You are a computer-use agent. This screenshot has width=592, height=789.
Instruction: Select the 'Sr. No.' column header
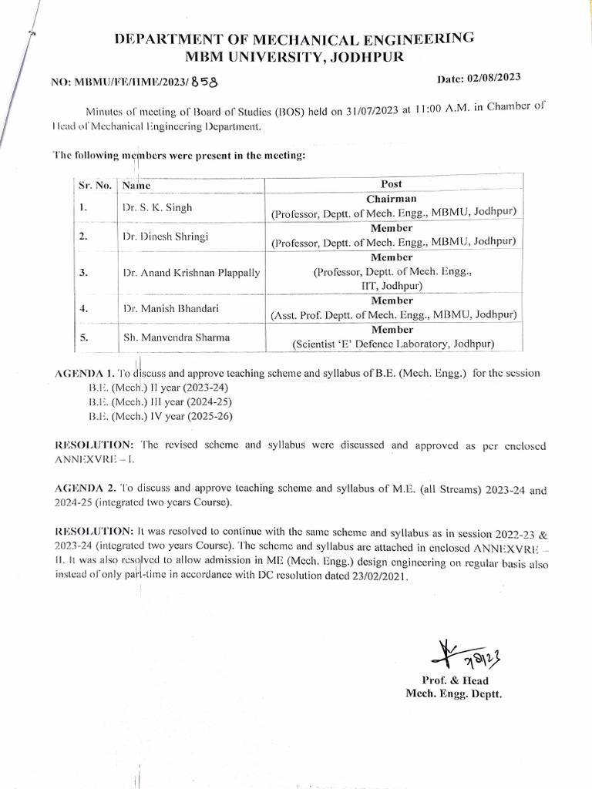(x=96, y=186)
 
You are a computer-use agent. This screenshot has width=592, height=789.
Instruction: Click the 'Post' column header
(x=392, y=184)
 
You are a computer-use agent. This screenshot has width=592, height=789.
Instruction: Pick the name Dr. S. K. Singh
(x=157, y=208)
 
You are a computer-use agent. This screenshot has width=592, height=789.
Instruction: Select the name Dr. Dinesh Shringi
(x=167, y=237)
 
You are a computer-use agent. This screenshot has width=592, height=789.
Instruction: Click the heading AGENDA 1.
(x=86, y=373)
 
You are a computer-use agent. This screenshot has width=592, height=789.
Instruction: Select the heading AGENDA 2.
(x=86, y=489)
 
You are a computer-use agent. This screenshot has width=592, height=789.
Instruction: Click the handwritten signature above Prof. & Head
(x=453, y=653)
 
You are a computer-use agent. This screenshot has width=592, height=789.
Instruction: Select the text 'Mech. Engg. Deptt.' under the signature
(x=453, y=694)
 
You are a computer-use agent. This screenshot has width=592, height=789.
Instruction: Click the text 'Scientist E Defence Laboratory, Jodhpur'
(x=393, y=344)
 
